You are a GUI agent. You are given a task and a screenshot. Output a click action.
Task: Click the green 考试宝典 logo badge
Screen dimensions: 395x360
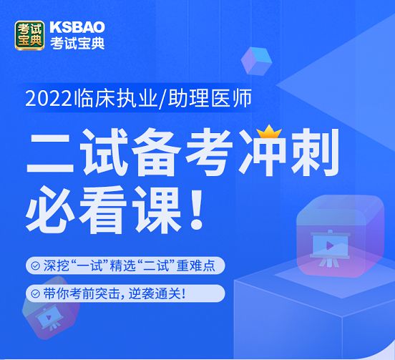point(30,36)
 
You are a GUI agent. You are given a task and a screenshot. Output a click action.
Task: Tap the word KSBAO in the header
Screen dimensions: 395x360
point(77,27)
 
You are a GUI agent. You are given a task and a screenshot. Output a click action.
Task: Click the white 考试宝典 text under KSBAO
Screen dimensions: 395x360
point(77,43)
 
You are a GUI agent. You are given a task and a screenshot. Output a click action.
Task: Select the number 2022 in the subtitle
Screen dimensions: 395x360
point(49,99)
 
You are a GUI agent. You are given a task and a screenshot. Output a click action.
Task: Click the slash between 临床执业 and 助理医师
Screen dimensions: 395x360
point(163,99)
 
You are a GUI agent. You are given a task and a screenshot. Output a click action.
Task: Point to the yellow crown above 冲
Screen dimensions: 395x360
point(269,132)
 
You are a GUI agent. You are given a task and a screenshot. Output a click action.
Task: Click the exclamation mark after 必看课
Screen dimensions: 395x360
point(197,210)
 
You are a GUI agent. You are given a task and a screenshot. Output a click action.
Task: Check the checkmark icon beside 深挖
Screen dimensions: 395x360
point(35,266)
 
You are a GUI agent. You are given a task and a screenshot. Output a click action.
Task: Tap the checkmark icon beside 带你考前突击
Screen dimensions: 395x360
point(35,293)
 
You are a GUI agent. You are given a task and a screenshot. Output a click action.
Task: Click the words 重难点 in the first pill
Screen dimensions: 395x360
point(196,266)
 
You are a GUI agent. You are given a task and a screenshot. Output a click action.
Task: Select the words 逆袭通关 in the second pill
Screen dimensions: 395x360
point(154,293)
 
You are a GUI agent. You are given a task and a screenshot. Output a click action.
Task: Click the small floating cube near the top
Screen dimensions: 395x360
point(256,61)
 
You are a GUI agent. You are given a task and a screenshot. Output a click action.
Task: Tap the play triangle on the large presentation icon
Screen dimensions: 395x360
point(329,245)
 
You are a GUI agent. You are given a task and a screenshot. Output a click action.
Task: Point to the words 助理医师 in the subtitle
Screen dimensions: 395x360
point(210,99)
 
